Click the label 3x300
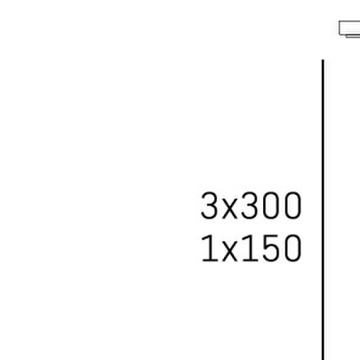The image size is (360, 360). coord(251,205)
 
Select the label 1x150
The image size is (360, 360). coord(251,248)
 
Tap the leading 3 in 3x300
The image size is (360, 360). coord(209,205)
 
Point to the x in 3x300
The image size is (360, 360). coord(230,209)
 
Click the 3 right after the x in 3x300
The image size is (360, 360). coord(250,205)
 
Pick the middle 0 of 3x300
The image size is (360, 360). coord(272,205)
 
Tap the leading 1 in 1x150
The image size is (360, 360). coord(210,248)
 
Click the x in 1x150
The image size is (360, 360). coord(230,251)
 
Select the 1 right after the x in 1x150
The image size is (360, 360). coord(251,248)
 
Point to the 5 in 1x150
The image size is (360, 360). coord(272,248)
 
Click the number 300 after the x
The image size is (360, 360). coord(272,205)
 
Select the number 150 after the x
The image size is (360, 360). coord(272,248)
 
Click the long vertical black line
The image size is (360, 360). coord(323,210)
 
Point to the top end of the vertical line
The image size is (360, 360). coord(323,60)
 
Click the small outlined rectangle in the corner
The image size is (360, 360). coord(350,28)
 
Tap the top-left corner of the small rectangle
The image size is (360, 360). coord(339,21)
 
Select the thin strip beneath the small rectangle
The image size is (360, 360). coord(353,37)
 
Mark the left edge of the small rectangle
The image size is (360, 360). coord(339,28)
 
